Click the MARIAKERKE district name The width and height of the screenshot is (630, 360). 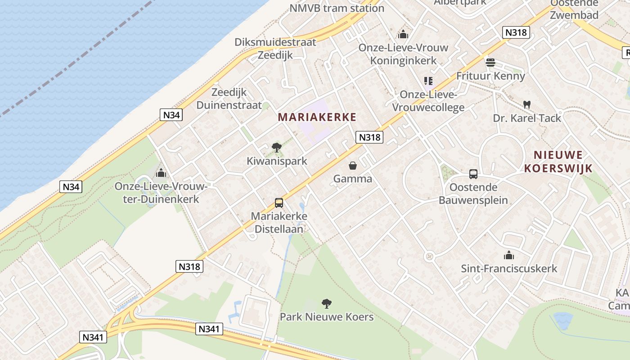point(317,117)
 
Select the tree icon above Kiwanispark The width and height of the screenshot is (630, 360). point(277,147)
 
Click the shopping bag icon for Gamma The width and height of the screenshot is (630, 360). point(353,166)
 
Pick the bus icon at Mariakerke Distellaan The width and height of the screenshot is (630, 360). point(279,203)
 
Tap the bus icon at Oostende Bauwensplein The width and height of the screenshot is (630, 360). point(473,174)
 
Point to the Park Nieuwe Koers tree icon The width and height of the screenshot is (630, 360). point(327,303)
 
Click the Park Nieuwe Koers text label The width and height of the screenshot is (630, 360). point(327,317)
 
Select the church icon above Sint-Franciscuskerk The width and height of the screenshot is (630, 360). point(509,256)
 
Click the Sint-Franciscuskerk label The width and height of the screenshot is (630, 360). point(509,269)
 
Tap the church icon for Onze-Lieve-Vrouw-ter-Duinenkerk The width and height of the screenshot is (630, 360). point(161,173)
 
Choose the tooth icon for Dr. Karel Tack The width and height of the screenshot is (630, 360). point(527,104)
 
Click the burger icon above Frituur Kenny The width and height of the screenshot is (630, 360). point(490,62)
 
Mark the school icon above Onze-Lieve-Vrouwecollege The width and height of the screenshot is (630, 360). point(428,81)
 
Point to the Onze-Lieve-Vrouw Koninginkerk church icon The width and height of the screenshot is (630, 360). point(403,34)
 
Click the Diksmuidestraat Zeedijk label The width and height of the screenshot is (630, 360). point(275,49)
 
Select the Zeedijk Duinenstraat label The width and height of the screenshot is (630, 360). point(229,99)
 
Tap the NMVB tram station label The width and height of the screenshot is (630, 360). point(337,8)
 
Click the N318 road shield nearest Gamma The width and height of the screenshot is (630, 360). point(369,137)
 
